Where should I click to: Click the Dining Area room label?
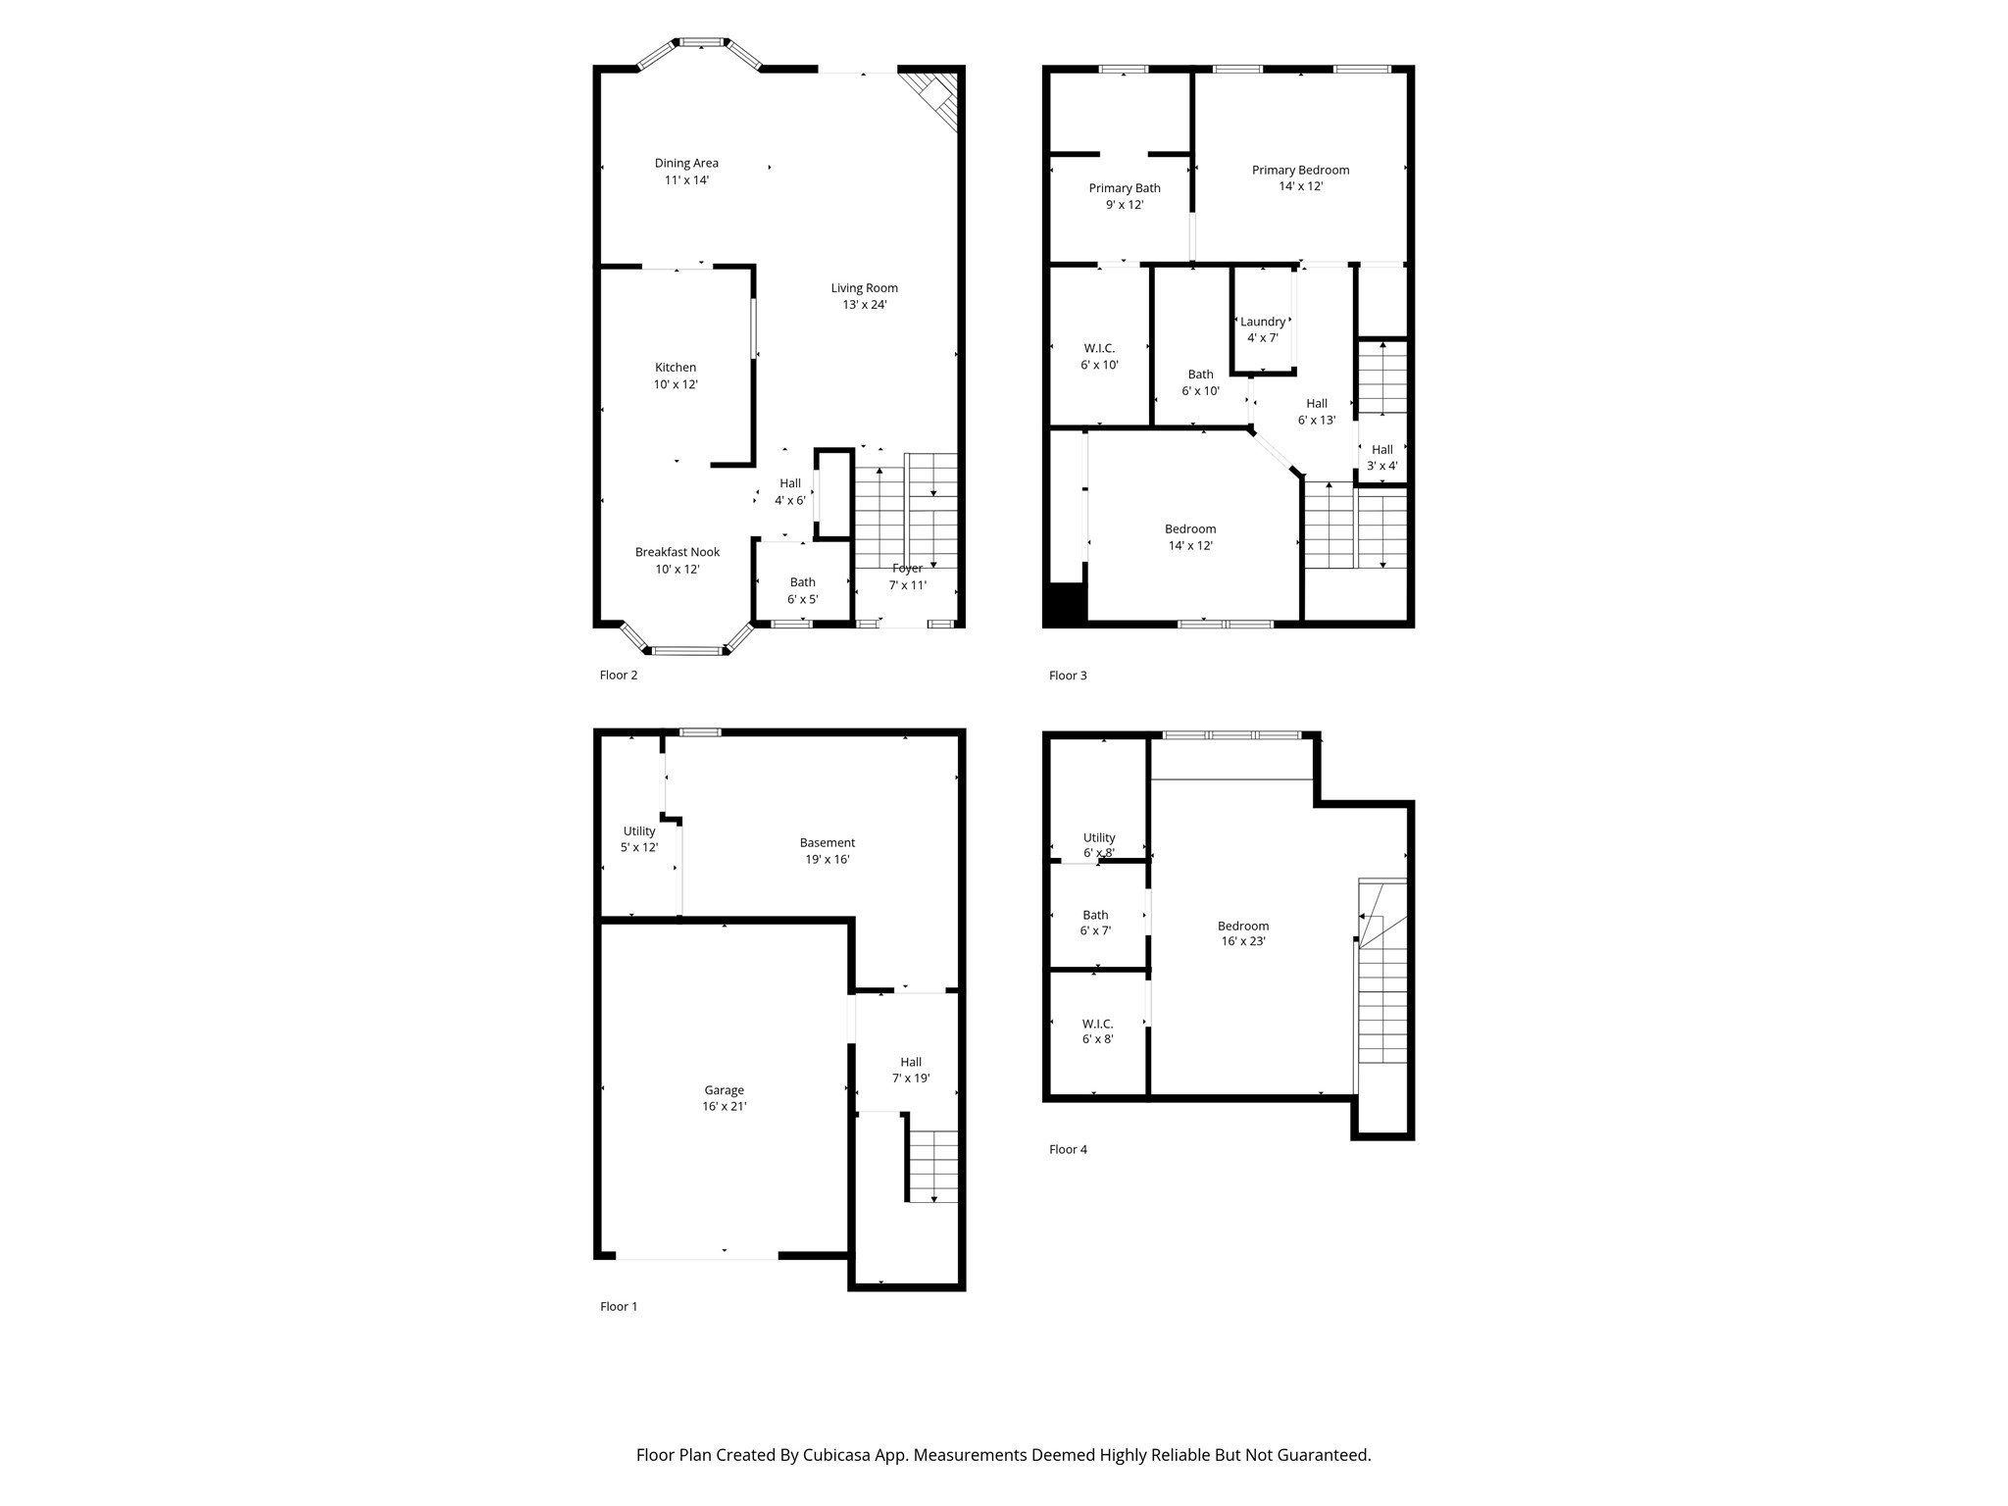[x=686, y=164]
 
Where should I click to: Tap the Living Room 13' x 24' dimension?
[x=864, y=305]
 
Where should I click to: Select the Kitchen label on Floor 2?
[x=676, y=368]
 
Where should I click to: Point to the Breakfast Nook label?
[x=677, y=552]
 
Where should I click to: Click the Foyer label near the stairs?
[x=907, y=569]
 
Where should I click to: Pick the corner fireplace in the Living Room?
[x=934, y=98]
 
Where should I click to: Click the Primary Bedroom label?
[x=1300, y=171]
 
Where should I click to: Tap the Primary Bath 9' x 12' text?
[x=1124, y=205]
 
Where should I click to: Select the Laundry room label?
[x=1262, y=322]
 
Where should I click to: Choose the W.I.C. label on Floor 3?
[x=1099, y=348]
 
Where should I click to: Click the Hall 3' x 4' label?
[x=1381, y=458]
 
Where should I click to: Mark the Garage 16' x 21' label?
[x=724, y=1098]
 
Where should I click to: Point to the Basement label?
[x=827, y=843]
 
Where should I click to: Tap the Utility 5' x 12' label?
[x=638, y=839]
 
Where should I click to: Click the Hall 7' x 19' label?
[x=910, y=1070]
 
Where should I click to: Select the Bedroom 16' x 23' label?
[x=1242, y=933]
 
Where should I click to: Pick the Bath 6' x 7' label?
[x=1095, y=923]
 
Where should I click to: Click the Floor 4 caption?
[x=1068, y=1149]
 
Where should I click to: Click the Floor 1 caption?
[x=619, y=1306]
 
